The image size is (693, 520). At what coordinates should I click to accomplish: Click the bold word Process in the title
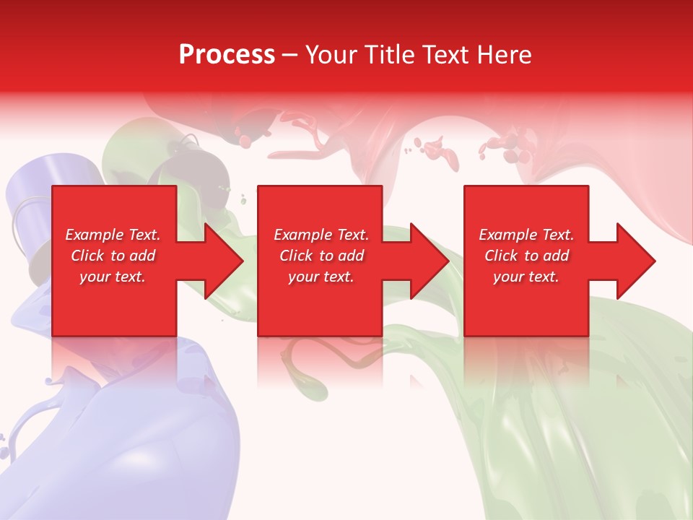(x=227, y=55)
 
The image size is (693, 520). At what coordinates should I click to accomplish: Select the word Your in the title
(x=331, y=55)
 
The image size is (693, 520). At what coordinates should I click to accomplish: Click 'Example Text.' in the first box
(x=113, y=235)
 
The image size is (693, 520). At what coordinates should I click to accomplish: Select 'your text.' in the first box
(x=113, y=277)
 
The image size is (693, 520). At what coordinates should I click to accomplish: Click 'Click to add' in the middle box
(x=321, y=256)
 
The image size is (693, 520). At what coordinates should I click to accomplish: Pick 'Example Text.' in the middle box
(x=321, y=235)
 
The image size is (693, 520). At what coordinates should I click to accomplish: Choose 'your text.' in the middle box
(x=321, y=277)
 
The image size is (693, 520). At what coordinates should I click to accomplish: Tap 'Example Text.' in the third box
(x=526, y=235)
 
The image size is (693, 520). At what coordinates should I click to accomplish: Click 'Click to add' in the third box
(x=526, y=256)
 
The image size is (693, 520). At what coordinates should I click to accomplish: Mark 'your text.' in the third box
(x=526, y=277)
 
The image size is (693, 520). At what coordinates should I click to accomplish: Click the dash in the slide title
(x=290, y=56)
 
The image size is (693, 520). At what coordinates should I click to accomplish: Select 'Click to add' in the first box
(x=113, y=256)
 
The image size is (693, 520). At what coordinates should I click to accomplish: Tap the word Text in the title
(x=440, y=55)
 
